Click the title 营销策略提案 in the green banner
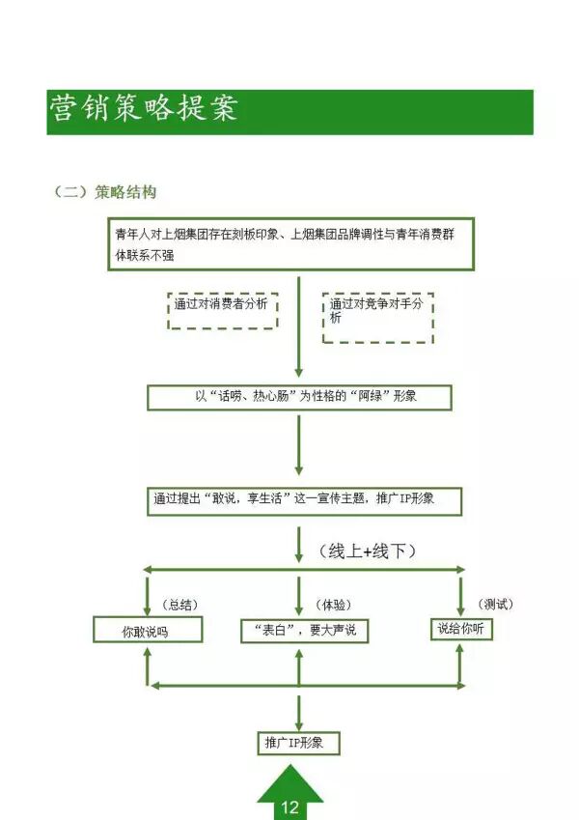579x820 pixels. pos(145,109)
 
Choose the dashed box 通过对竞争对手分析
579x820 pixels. pos(377,317)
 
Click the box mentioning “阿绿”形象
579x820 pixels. pos(299,397)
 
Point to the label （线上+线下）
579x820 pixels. pos(367,551)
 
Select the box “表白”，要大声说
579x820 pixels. pos(304,631)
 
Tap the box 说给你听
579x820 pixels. pos(460,629)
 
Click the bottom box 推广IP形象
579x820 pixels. pos(298,743)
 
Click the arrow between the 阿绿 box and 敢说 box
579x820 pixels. pos(299,449)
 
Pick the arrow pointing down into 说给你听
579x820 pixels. pos(460,593)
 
